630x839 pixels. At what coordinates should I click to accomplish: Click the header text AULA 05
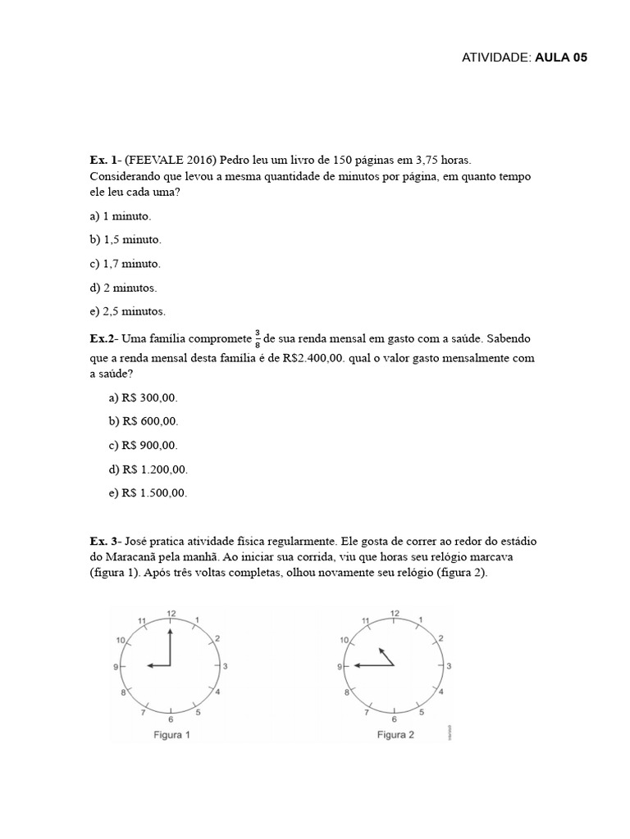point(562,57)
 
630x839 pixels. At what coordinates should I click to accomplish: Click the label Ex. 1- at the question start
point(106,161)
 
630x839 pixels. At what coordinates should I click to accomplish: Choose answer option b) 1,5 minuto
point(126,240)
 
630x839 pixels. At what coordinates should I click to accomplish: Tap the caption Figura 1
point(172,735)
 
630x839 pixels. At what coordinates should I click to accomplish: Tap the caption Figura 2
point(395,735)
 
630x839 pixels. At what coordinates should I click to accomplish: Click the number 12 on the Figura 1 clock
point(171,614)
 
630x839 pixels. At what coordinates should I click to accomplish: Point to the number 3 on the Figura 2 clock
point(449,667)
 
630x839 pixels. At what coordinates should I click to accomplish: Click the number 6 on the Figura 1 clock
point(171,719)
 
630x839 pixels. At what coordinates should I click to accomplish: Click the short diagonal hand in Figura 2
point(385,656)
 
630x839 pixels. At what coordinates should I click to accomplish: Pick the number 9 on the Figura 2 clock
point(339,668)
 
